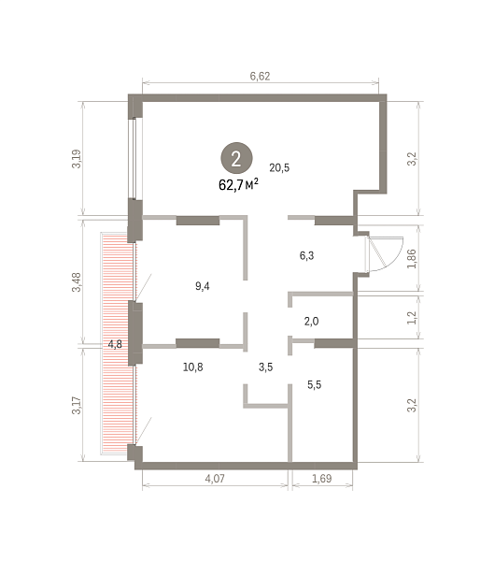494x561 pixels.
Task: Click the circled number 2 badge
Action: [x=236, y=158]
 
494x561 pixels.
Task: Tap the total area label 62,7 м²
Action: [x=238, y=184]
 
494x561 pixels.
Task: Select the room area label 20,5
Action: [x=279, y=167]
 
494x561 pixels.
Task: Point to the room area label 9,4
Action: [x=203, y=286]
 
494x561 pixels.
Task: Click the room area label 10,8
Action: [x=193, y=367]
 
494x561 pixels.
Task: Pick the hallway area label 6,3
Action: [x=306, y=255]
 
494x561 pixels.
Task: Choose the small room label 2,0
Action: [x=311, y=322]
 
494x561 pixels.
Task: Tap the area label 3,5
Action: [x=265, y=367]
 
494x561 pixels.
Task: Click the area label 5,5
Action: [x=314, y=384]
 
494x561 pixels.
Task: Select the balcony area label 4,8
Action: [x=115, y=344]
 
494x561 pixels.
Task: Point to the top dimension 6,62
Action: [x=260, y=76]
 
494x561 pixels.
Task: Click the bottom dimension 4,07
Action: [x=215, y=479]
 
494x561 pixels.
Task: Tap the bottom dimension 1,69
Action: [x=322, y=479]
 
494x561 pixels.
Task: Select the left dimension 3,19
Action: [x=77, y=159]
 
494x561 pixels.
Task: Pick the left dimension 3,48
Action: [x=77, y=282]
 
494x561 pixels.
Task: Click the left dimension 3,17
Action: [x=77, y=406]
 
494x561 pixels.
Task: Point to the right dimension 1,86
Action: [x=412, y=259]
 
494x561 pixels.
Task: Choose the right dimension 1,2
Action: [x=412, y=318]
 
